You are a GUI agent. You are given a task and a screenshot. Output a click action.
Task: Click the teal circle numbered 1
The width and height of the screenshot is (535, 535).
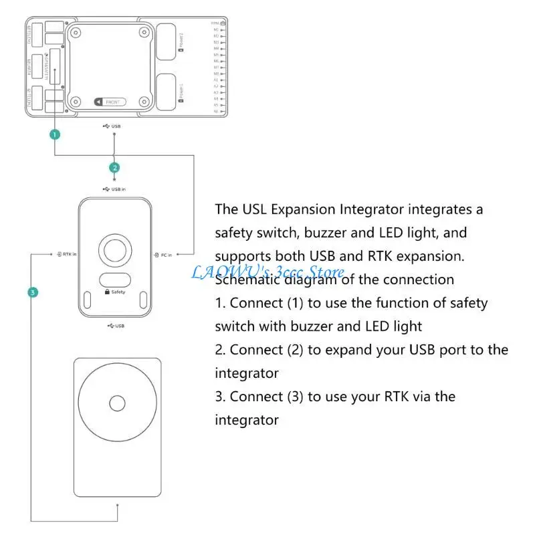(x=55, y=134)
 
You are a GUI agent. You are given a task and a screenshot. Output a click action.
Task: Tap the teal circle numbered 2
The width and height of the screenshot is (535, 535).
(x=114, y=167)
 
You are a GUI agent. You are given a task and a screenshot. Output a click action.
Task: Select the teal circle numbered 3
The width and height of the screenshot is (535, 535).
(x=33, y=292)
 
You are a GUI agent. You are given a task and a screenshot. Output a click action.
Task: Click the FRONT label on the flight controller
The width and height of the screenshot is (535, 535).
(x=110, y=102)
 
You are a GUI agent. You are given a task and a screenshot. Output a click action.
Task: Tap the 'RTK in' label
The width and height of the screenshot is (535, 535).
(x=68, y=254)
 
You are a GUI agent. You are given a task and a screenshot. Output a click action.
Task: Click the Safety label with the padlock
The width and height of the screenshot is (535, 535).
(x=115, y=292)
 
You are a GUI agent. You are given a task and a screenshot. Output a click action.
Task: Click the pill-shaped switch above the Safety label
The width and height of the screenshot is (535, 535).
(x=115, y=279)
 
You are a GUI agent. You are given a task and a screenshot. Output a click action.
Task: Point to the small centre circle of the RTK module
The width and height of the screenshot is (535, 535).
(x=117, y=403)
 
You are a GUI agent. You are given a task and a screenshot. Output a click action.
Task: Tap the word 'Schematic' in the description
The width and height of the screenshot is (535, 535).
(x=245, y=279)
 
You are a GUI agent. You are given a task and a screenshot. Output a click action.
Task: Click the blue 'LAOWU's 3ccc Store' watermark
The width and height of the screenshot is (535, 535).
(x=267, y=272)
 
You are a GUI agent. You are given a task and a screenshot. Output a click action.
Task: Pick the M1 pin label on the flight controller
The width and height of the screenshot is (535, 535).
(x=216, y=30)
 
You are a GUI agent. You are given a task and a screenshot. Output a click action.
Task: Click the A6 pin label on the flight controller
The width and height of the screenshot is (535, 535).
(x=216, y=111)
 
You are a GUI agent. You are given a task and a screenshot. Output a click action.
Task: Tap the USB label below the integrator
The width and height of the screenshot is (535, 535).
(x=115, y=326)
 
